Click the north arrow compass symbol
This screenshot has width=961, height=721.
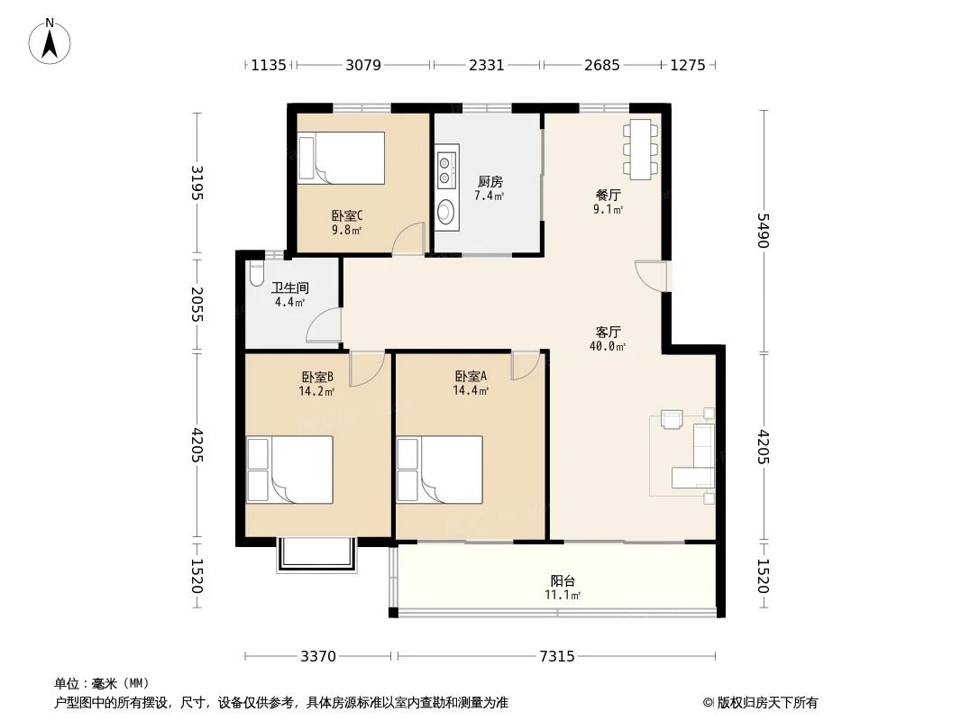[50, 41]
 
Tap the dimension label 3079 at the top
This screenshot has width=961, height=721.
[363, 65]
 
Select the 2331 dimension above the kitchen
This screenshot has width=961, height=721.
[487, 65]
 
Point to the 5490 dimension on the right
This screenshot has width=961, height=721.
[763, 231]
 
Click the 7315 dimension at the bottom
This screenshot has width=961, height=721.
[558, 657]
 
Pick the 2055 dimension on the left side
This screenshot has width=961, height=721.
[197, 305]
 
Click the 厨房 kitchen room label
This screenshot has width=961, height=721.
[490, 182]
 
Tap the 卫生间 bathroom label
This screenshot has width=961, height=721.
[290, 287]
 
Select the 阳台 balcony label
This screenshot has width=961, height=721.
[563, 580]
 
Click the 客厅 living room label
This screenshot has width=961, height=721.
[608, 332]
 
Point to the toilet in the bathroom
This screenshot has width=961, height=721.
[257, 272]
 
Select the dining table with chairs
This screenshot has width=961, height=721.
[641, 149]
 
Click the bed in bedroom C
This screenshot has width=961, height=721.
[342, 158]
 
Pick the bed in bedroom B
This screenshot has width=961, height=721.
[290, 470]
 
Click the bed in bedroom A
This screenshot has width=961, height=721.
[440, 470]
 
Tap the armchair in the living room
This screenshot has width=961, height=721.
[673, 419]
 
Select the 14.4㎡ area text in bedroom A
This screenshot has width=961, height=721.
[471, 391]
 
